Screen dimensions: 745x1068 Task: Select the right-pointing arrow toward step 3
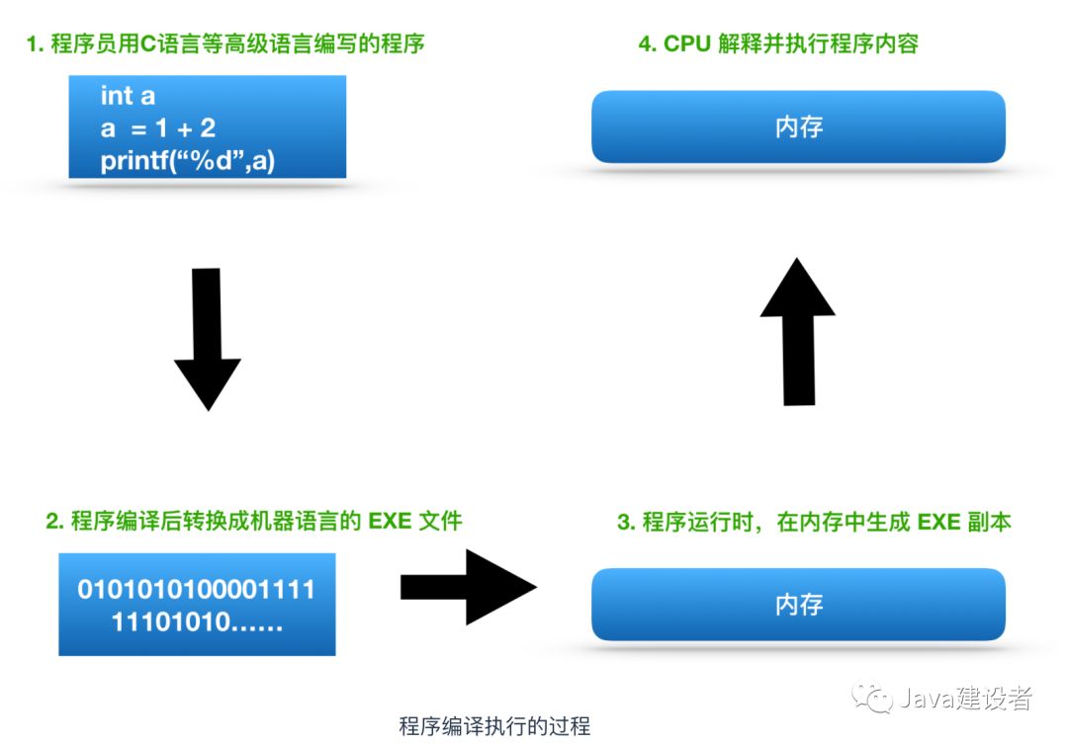[x=467, y=587]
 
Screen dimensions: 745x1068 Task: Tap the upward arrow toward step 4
[x=798, y=331]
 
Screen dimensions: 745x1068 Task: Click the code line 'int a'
[x=128, y=96]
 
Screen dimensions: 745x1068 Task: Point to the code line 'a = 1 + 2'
[x=158, y=127]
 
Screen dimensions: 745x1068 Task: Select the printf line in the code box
[x=187, y=160]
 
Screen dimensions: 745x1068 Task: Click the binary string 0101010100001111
[x=197, y=591]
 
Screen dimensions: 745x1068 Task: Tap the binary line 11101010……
[x=197, y=623]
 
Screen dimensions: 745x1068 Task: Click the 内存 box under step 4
[x=798, y=127]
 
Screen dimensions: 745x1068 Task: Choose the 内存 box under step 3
[x=798, y=605]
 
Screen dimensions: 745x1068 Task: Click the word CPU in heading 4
[x=686, y=44]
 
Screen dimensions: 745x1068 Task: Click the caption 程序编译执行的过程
[x=494, y=726]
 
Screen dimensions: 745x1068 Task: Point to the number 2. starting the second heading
[x=55, y=521]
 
